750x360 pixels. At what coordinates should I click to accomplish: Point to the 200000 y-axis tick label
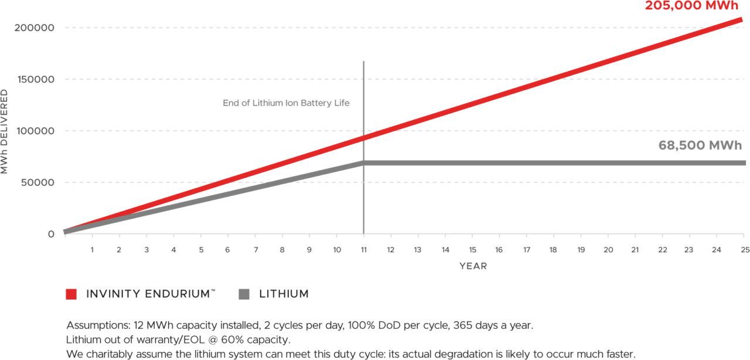pos(35,28)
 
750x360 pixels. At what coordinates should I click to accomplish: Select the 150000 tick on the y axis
pos(35,79)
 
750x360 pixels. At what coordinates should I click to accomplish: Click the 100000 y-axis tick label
pos(35,131)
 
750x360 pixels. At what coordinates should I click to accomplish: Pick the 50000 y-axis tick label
pos(37,182)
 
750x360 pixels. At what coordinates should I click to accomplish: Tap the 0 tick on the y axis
pos(51,234)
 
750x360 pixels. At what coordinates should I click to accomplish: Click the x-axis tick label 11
pos(364,250)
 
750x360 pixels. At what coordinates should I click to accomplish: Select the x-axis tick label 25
pos(744,250)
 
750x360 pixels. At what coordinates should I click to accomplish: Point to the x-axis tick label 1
pos(92,250)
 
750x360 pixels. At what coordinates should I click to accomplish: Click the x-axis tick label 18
pos(554,250)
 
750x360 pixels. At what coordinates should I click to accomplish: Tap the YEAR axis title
pos(473,266)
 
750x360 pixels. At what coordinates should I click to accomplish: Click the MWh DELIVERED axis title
pos(5,131)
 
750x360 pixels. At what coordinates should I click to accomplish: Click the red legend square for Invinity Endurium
pos(71,294)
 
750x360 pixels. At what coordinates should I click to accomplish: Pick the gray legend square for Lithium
pos(244,294)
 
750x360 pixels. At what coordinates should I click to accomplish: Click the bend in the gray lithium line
pos(364,162)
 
